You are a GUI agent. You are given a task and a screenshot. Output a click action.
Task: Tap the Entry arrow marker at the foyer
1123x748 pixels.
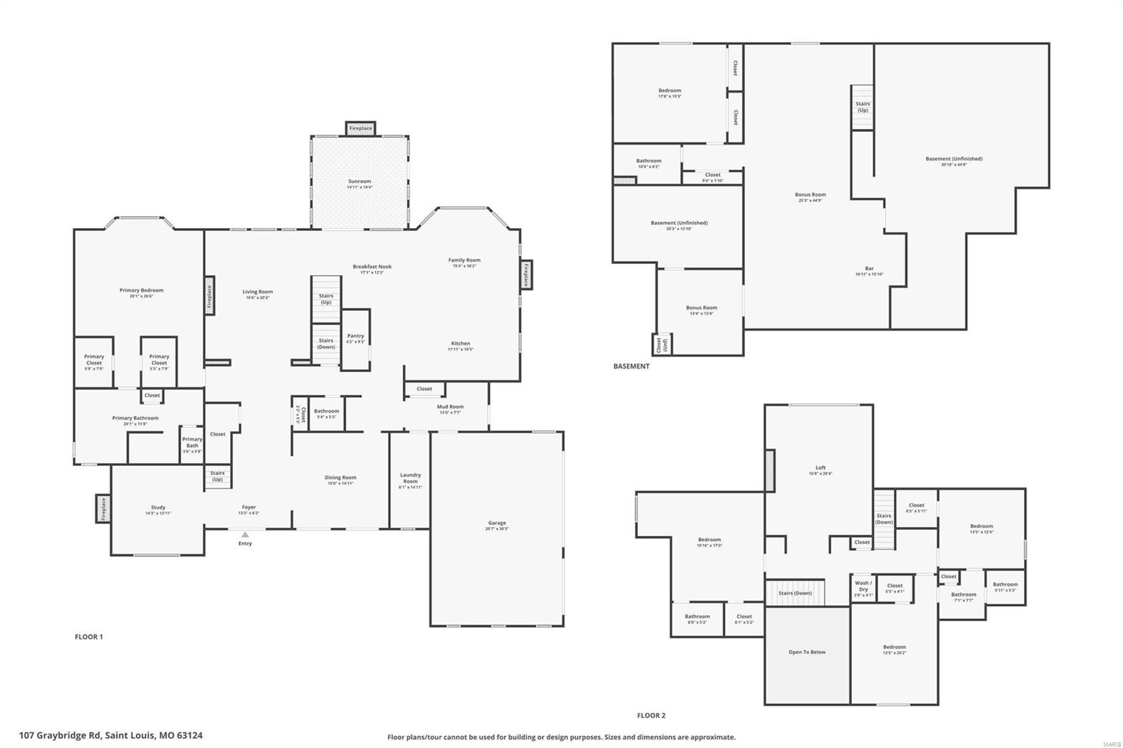click(x=245, y=535)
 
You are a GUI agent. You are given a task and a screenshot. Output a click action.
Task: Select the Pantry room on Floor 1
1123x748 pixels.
click(x=355, y=338)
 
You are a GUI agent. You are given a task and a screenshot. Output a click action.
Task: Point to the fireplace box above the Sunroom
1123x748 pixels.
click(x=361, y=128)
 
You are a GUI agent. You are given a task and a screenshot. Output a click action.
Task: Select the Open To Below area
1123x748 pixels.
click(x=807, y=653)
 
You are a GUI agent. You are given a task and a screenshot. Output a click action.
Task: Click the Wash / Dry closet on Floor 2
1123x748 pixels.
click(x=863, y=589)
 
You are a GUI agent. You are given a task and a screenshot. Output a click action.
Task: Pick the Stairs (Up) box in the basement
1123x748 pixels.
click(x=863, y=107)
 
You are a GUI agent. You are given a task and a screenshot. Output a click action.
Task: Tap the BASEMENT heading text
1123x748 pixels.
click(x=631, y=366)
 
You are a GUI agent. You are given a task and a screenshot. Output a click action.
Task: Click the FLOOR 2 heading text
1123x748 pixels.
click(x=651, y=716)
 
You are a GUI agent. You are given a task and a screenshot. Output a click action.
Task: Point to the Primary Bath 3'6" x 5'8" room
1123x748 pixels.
click(x=192, y=445)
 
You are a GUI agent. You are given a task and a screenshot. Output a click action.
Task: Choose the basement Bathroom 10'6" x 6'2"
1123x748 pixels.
click(x=649, y=163)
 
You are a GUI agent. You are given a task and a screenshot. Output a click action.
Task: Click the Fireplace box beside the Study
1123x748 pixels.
click(x=103, y=508)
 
